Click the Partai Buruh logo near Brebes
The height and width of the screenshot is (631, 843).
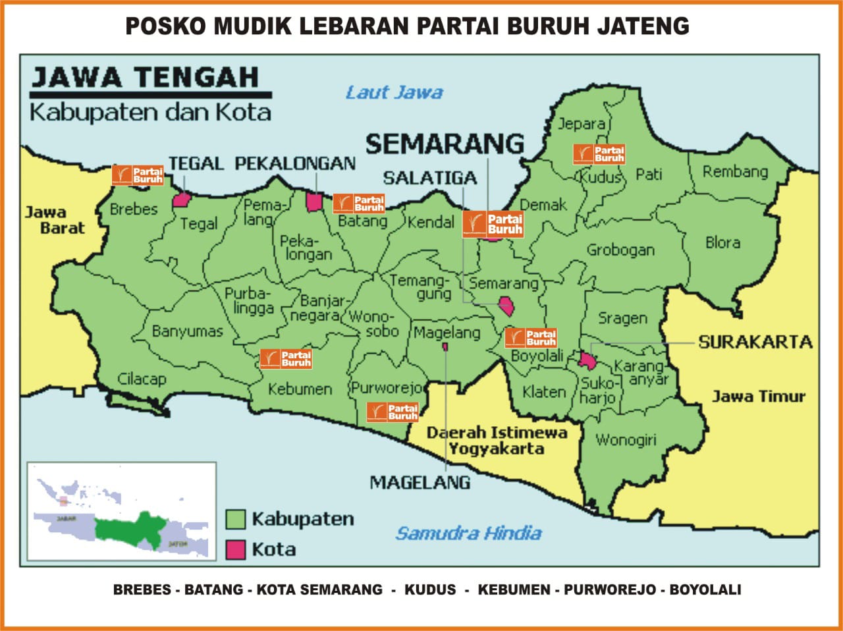coord(138,175)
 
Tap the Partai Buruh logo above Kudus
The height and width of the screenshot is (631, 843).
coord(599,154)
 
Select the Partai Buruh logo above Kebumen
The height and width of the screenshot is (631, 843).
coord(286,359)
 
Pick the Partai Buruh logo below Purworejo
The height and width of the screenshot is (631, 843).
coord(393,412)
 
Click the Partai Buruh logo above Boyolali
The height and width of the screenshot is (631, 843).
coord(531,338)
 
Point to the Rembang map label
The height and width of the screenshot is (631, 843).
coord(735,172)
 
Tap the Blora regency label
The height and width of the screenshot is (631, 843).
coord(722,242)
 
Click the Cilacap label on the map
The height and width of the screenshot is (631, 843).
coord(142,379)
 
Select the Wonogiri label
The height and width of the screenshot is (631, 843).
coord(626,439)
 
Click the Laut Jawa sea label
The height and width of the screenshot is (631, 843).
coord(394,93)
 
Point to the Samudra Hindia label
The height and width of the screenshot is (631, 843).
coord(468,533)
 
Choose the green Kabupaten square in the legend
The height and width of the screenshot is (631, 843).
coord(235,519)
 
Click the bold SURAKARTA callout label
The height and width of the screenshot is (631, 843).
coord(755,342)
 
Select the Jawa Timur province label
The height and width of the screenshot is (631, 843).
coord(758,397)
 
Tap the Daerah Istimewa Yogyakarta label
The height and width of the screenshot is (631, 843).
coord(497,441)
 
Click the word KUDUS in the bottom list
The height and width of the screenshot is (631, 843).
coord(429,590)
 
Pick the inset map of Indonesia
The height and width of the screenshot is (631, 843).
coord(122,511)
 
